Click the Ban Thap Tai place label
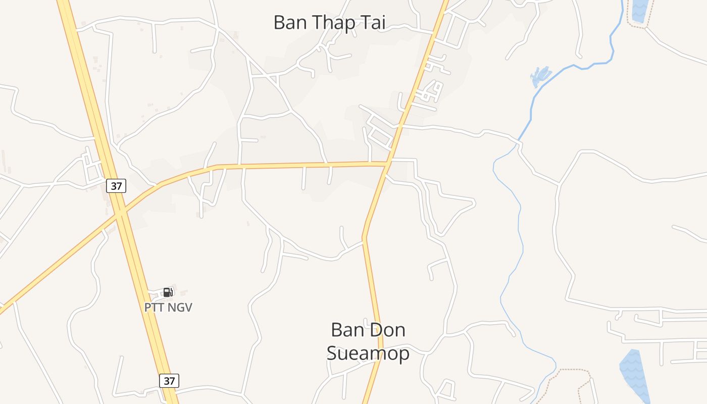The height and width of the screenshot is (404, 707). (329, 23)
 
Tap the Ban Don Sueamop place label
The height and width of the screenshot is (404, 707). (368, 341)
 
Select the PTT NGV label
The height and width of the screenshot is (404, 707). (168, 307)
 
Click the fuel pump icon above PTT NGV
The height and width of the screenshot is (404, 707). (168, 292)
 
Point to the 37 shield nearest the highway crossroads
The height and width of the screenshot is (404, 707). (116, 186)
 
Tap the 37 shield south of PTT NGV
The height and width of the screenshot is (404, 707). (169, 380)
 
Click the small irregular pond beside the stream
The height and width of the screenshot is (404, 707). (540, 76)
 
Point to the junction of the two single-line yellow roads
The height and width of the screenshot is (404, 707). (387, 164)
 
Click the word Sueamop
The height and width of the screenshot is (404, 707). (368, 353)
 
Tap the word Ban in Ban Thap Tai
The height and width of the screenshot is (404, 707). (290, 23)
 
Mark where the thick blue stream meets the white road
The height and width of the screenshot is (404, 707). (519, 141)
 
